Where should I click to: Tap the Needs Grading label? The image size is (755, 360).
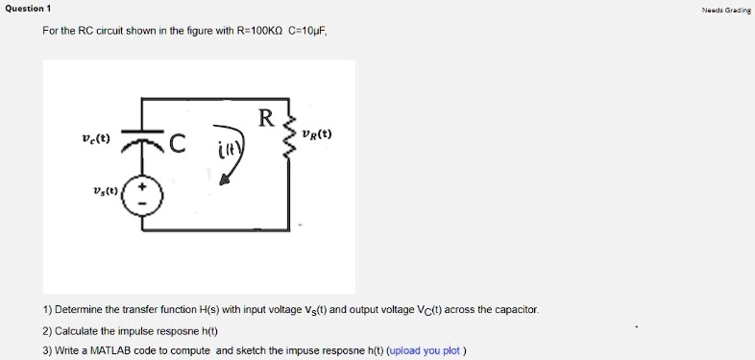point(727,9)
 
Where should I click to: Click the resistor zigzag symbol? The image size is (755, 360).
point(288,140)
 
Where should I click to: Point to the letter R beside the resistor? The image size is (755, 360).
point(266,119)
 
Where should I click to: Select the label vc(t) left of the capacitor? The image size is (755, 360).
point(96,138)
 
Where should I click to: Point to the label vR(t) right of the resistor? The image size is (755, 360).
point(316,134)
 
